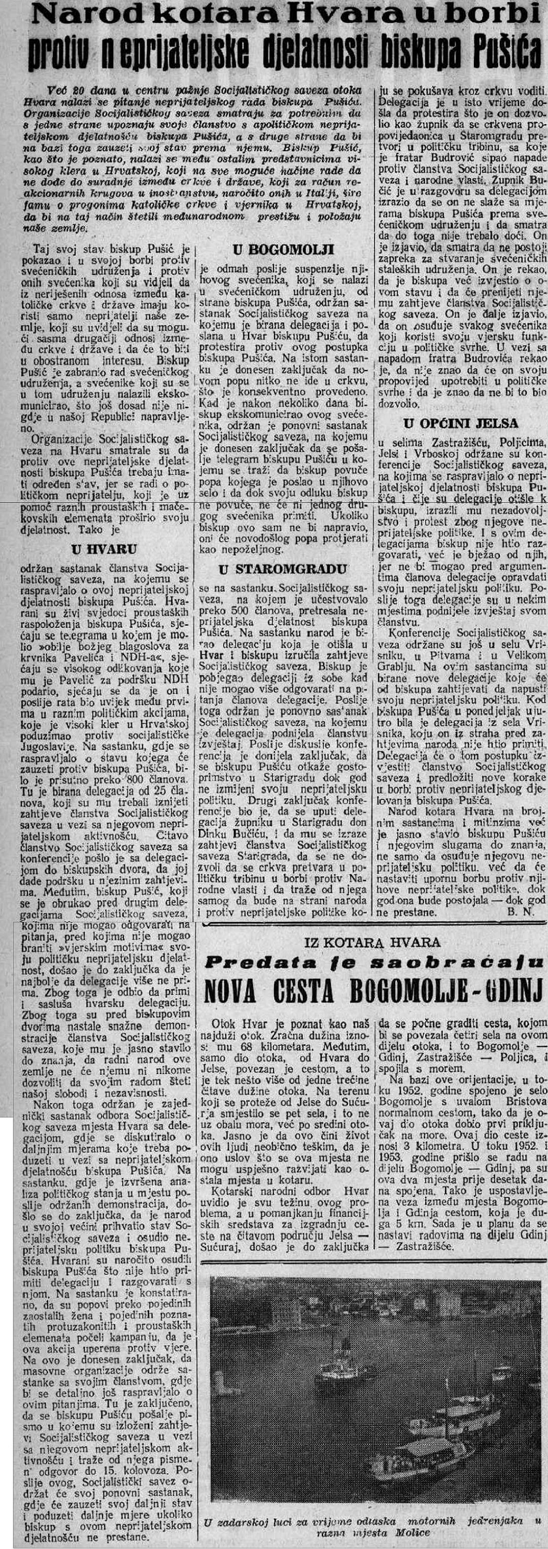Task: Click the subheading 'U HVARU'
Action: [x=104, y=548]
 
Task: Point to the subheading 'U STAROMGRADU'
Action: [x=282, y=569]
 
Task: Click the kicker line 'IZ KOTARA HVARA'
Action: [x=372, y=943]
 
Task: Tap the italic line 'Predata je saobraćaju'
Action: [x=373, y=962]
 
